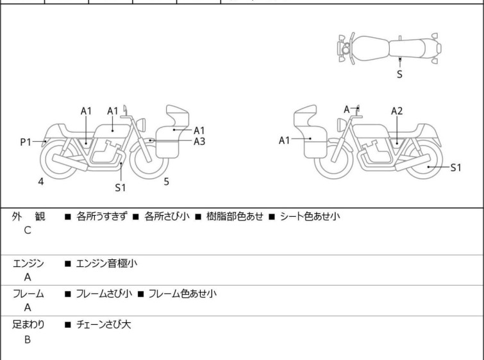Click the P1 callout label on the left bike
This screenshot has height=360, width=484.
(26, 142)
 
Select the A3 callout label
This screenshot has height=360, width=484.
(199, 142)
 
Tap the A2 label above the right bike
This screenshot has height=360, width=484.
(397, 111)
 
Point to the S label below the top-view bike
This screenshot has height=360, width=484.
(399, 74)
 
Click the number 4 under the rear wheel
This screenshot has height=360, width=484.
(41, 182)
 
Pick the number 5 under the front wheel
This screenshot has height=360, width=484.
(167, 182)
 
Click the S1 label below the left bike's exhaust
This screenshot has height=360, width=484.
(121, 187)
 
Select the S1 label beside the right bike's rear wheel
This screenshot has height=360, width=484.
(456, 167)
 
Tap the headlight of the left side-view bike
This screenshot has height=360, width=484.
(141, 124)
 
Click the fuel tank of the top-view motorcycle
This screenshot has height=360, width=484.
(369, 49)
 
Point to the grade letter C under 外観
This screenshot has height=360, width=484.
(28, 230)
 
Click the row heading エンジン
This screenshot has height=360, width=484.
(28, 264)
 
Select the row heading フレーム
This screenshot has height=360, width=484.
(28, 294)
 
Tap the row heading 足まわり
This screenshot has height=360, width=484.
(28, 325)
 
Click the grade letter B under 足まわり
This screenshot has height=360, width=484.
(28, 339)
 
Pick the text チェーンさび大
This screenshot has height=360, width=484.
(103, 325)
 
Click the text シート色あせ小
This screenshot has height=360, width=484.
(310, 216)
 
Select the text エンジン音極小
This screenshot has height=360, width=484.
(106, 264)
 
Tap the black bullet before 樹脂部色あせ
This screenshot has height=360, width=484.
(198, 217)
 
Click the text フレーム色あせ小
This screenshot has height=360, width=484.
(183, 294)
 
